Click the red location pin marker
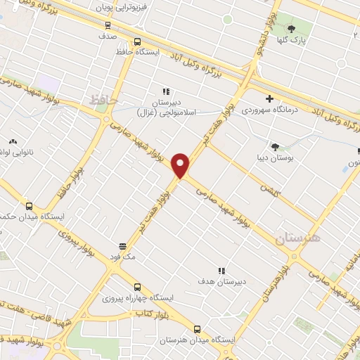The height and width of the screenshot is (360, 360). click(x=181, y=165)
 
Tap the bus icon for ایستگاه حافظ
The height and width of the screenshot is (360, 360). click(x=137, y=41)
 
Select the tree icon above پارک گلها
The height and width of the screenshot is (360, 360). click(x=292, y=28)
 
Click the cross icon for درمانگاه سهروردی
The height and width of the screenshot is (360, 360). click(x=269, y=98)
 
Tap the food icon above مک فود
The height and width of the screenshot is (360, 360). click(x=122, y=246)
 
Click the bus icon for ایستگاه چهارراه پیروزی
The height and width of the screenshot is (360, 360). click(x=137, y=287)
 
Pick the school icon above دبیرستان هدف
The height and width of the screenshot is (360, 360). click(x=222, y=270)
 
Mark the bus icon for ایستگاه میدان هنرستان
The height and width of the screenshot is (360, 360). click(x=197, y=329)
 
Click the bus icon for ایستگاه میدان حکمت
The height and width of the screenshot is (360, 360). click(x=29, y=207)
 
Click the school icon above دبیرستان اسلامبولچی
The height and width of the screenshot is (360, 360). click(x=167, y=91)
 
